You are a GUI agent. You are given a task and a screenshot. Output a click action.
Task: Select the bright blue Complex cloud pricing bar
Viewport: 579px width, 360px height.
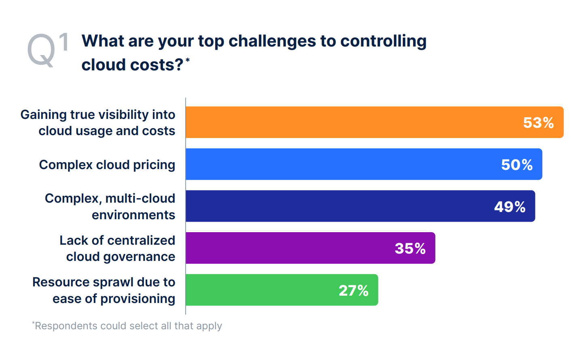336,164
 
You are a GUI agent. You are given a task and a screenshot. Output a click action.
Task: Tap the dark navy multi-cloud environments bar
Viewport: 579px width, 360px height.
332,206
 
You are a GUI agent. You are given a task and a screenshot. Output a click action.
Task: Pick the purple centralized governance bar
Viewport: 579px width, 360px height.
283,248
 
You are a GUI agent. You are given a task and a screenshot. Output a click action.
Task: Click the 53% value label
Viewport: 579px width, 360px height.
538,123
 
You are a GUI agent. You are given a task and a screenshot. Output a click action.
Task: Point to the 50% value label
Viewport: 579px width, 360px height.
517,165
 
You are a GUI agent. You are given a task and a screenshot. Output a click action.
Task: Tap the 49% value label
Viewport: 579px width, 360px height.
509,207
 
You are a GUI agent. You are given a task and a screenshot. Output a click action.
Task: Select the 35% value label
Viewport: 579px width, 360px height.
410,248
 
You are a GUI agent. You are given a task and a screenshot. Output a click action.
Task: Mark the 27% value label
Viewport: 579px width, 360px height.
353,290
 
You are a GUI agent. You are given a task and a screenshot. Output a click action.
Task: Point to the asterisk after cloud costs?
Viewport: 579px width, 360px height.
188,60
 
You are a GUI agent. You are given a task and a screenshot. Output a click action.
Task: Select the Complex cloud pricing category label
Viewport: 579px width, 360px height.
107,165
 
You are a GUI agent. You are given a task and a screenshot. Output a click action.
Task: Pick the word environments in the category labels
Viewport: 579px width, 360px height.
133,215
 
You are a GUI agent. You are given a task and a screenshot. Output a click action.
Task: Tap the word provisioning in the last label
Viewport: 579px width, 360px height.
137,299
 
